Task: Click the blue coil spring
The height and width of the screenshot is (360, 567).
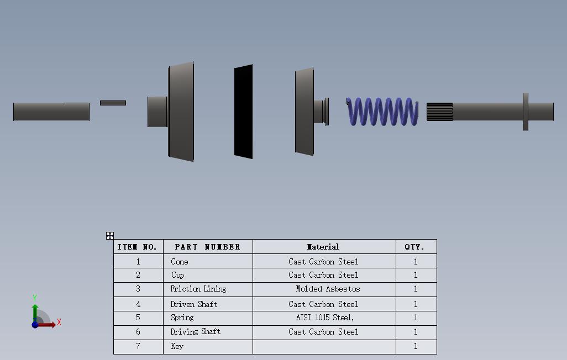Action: click(382, 112)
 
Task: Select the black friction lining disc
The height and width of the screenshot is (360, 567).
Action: click(244, 112)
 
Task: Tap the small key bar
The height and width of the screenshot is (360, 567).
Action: click(113, 103)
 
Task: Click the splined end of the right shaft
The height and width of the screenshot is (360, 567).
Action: click(439, 112)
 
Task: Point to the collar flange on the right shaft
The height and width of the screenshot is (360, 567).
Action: click(525, 112)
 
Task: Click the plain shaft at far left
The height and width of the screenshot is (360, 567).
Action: click(51, 112)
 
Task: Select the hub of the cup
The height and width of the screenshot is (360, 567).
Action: click(158, 112)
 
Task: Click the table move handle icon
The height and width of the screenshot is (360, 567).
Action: click(110, 236)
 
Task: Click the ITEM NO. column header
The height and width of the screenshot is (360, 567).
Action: click(138, 247)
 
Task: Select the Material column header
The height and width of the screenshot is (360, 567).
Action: click(323, 247)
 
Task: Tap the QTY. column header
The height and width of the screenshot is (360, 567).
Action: click(414, 247)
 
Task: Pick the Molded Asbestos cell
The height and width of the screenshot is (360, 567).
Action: click(328, 289)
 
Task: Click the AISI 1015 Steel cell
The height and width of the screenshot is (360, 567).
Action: click(324, 317)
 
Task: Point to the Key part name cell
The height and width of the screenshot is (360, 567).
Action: click(177, 346)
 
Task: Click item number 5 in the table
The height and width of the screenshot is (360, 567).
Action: click(138, 317)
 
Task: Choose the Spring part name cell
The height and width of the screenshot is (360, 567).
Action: click(182, 317)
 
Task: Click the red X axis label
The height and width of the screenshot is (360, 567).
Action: click(59, 322)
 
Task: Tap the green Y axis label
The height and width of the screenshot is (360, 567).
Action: click(35, 298)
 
